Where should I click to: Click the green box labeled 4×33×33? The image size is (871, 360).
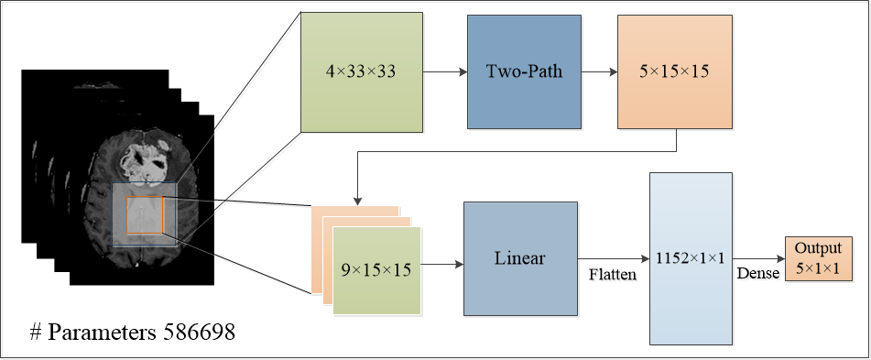[x=361, y=71]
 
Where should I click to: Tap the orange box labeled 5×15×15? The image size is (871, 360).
[x=675, y=71]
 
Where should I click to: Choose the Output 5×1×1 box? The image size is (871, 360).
[x=817, y=258]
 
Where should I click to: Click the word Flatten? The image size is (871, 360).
[x=613, y=274]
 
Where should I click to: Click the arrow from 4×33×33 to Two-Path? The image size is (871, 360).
[x=444, y=71]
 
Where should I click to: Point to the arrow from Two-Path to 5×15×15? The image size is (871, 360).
[x=599, y=71]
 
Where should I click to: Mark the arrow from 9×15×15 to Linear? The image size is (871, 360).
[x=441, y=265]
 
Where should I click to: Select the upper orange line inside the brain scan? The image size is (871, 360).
[x=145, y=198]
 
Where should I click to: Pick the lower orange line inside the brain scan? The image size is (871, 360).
[x=145, y=235]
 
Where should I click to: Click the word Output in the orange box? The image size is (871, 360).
[x=817, y=249]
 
